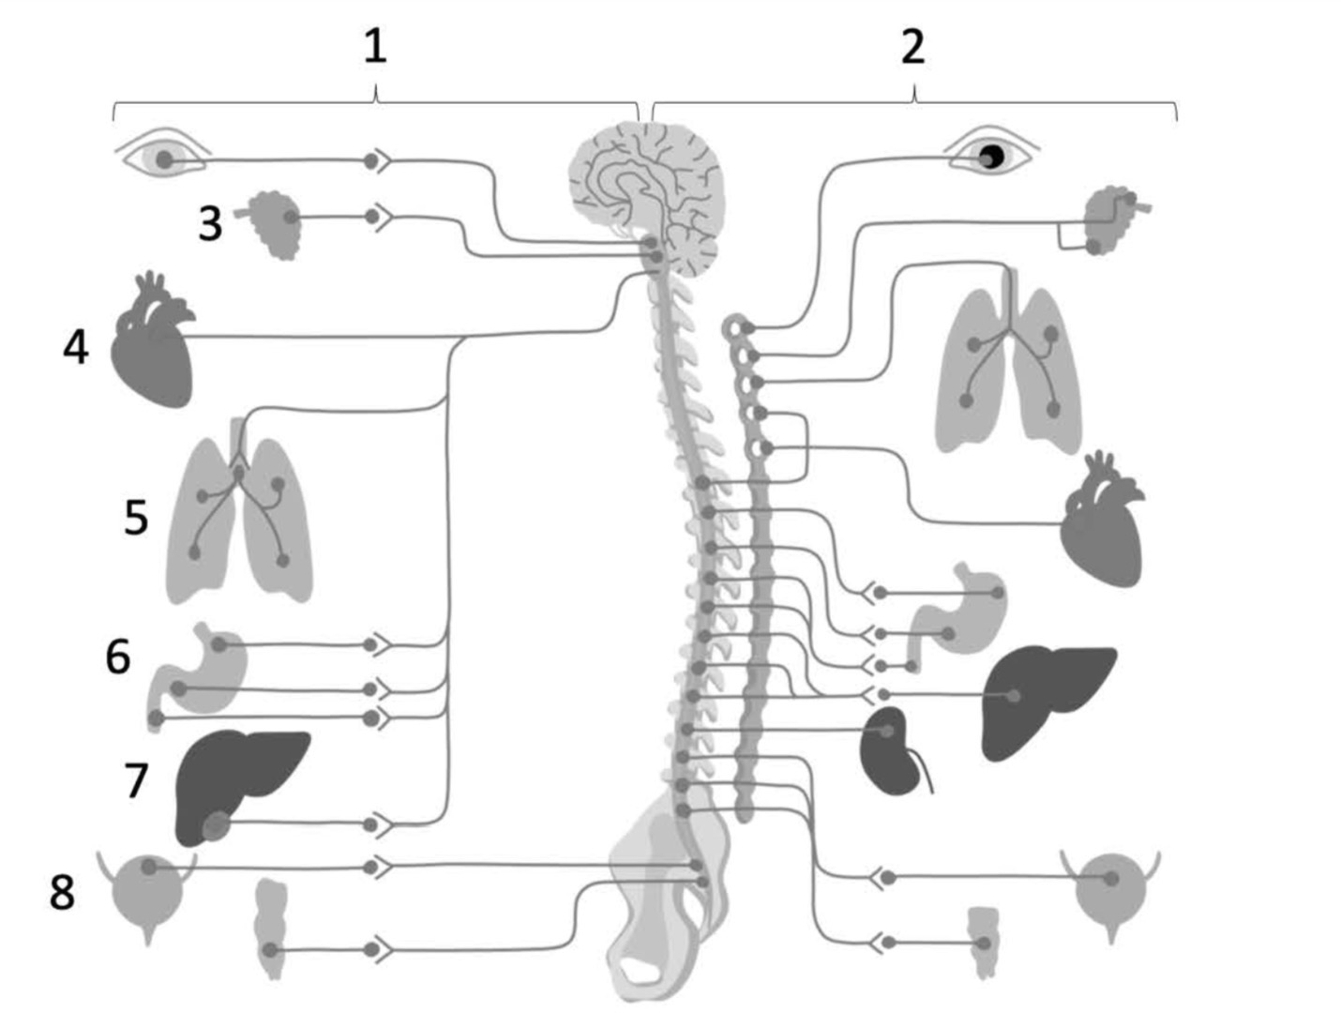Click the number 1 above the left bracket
[x=375, y=47]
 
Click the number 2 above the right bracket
[x=912, y=47]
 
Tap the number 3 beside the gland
[x=210, y=224]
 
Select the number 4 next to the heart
[x=76, y=347]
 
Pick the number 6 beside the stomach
[x=118, y=657]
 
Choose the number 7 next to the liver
[x=136, y=780]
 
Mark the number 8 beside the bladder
[x=62, y=892]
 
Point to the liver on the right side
[x=1043, y=701]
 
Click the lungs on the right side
[x=1009, y=364]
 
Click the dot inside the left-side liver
[x=215, y=825]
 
